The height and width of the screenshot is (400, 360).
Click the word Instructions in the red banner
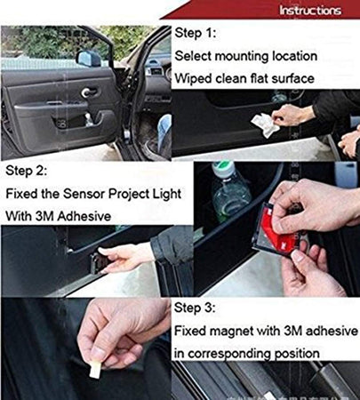pyautogui.click(x=309, y=11)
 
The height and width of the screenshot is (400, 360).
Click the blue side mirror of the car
pyautogui.click(x=89, y=59)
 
